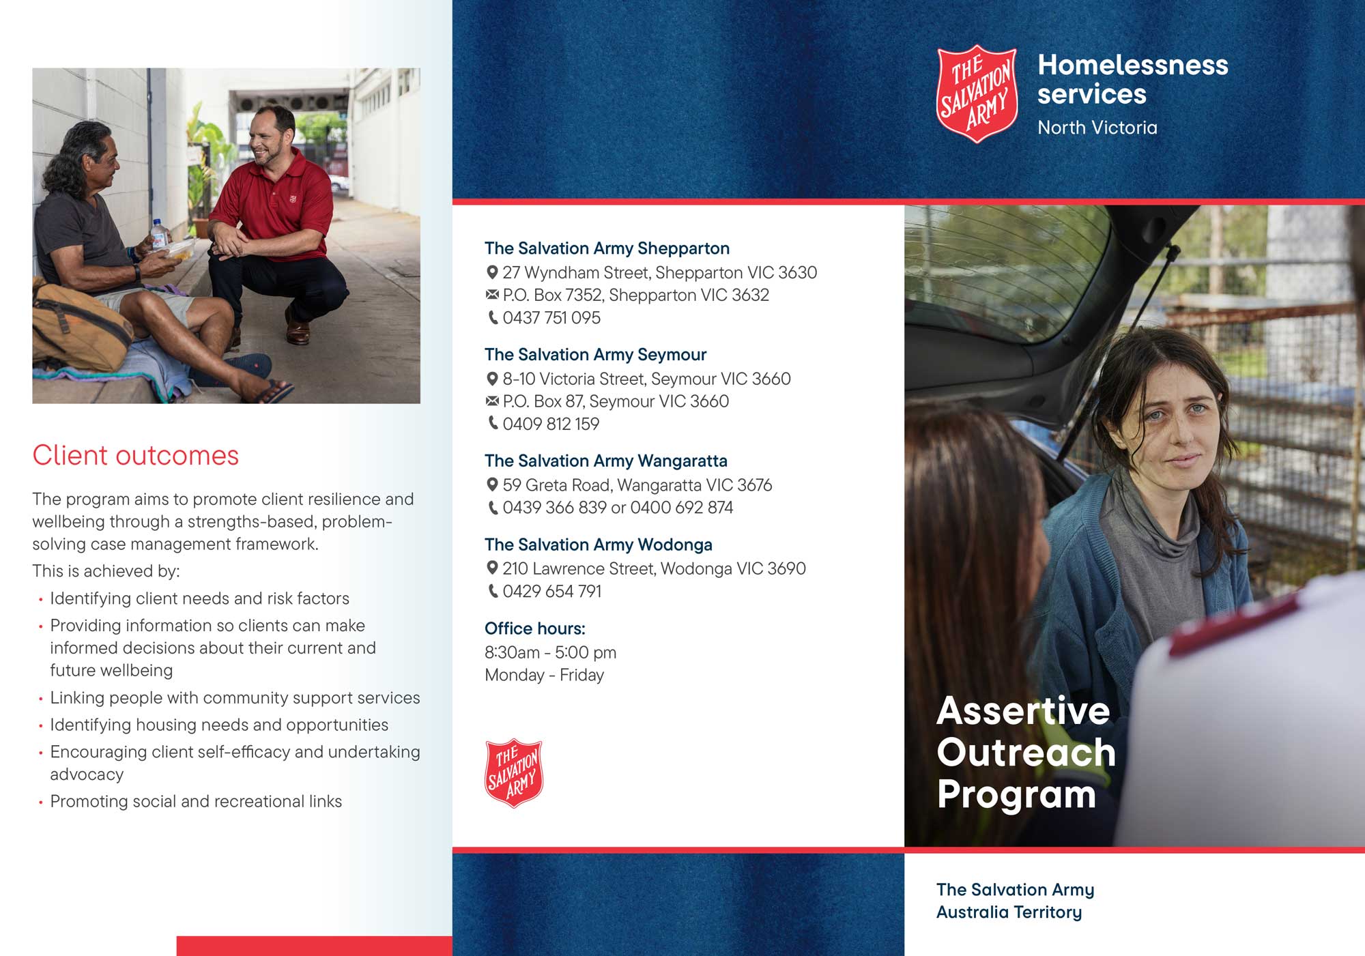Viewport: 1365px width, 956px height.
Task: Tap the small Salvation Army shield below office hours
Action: [x=513, y=773]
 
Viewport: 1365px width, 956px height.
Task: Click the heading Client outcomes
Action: [x=135, y=455]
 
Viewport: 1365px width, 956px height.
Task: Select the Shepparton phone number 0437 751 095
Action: [x=551, y=318]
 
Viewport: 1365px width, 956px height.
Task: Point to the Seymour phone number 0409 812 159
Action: [x=551, y=424]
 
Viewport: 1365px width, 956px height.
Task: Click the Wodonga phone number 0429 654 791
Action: [x=551, y=592]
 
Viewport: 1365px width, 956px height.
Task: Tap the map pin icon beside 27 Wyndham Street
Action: [x=491, y=273]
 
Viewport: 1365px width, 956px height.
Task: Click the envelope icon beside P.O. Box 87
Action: [x=491, y=401]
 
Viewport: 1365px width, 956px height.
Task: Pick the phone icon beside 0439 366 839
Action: [x=492, y=508]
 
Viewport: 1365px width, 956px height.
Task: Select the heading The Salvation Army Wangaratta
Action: [x=605, y=461]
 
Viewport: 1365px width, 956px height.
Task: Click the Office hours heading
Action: [x=534, y=628]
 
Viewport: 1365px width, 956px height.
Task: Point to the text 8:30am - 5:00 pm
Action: [x=550, y=653]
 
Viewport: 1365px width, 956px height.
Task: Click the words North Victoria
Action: [x=1097, y=128]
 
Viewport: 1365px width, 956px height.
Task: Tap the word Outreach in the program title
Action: [x=1025, y=753]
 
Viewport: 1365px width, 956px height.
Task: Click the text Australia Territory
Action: [x=1009, y=912]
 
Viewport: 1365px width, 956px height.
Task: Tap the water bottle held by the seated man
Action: [x=158, y=234]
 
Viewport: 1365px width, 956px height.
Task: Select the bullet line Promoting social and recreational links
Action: [x=196, y=802]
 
